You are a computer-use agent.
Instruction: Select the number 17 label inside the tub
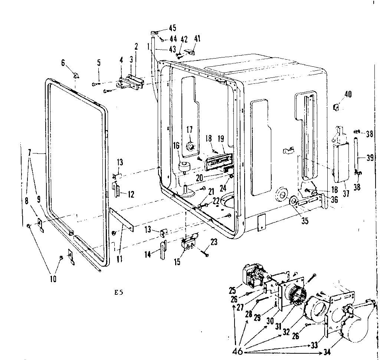tap(190, 130)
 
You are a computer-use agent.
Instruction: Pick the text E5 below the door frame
tap(119, 292)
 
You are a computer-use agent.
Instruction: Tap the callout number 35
tap(304, 222)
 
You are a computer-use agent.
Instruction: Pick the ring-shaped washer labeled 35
tap(293, 202)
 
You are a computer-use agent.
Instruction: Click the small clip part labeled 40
tap(337, 107)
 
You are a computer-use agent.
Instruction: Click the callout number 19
tap(221, 139)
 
